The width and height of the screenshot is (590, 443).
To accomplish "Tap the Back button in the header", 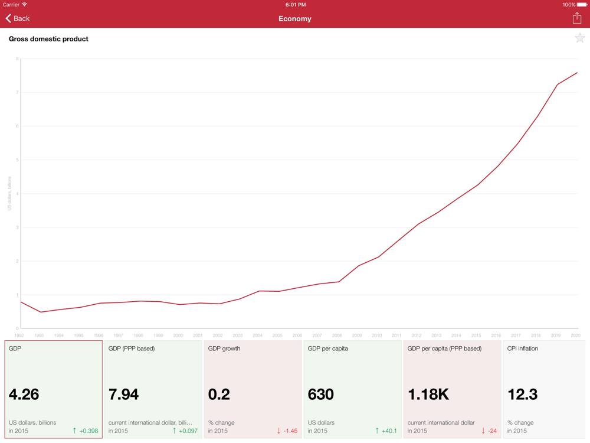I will pos(18,19).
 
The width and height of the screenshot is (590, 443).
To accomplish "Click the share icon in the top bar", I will pos(577,18).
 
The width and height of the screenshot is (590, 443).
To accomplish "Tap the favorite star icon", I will pos(580,39).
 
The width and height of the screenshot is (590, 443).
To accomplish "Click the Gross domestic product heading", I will pos(48,39).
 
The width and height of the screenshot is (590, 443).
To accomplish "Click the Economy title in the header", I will pos(295,19).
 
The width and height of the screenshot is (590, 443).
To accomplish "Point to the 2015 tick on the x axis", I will pos(476,335).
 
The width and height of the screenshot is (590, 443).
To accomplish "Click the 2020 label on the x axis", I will pos(575,335).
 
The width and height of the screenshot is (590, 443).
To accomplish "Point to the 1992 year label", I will pos(19,335).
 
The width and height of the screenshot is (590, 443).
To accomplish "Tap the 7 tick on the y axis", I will pos(17,93).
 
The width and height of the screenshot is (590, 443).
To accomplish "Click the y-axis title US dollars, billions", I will pos(9,194).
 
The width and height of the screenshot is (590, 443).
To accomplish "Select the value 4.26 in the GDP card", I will pos(24,395).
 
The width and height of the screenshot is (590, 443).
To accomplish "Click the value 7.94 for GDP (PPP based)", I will pos(124,395).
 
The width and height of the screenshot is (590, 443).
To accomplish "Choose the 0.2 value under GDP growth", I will pos(219,395).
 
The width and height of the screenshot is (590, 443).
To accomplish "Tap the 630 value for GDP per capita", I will pos(321,395).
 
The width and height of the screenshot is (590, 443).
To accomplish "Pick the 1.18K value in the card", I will pos(428,395).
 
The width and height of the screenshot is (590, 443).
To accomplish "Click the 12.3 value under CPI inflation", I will pos(523,395).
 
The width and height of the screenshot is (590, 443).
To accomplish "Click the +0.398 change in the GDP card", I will pos(88,431).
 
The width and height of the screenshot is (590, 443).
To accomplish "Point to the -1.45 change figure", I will pos(290,431).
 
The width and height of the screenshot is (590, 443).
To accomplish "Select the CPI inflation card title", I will pos(523,348).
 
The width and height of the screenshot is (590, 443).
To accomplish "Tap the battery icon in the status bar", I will pos(582,5).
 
